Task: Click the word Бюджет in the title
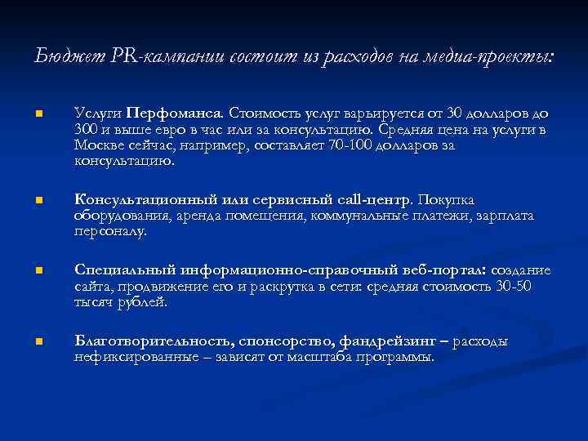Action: point(63,56)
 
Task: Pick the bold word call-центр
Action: point(376,199)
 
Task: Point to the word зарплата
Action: point(503,216)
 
